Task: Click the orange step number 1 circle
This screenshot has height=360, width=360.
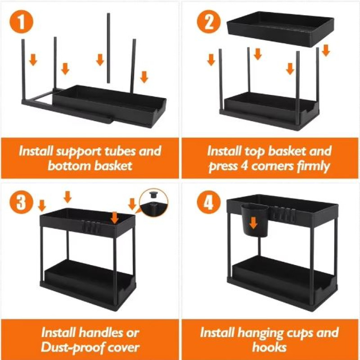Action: point(21,22)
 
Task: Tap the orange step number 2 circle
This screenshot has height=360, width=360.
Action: point(209,22)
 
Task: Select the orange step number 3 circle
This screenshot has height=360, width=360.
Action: point(21,202)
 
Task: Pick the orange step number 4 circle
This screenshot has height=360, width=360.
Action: point(209,202)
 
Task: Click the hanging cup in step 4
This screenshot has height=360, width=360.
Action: point(254,220)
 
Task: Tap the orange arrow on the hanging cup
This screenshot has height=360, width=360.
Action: point(253,223)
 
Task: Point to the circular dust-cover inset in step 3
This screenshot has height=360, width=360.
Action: point(154,202)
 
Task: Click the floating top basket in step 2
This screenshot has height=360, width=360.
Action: point(280,29)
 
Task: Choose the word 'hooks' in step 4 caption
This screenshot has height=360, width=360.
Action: point(269,346)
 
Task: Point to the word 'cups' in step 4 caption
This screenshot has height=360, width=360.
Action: point(298,333)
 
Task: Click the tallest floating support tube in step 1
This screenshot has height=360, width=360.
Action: point(108,48)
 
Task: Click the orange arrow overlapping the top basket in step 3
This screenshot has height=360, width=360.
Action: point(114,217)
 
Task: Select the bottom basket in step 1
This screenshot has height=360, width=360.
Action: point(109,106)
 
